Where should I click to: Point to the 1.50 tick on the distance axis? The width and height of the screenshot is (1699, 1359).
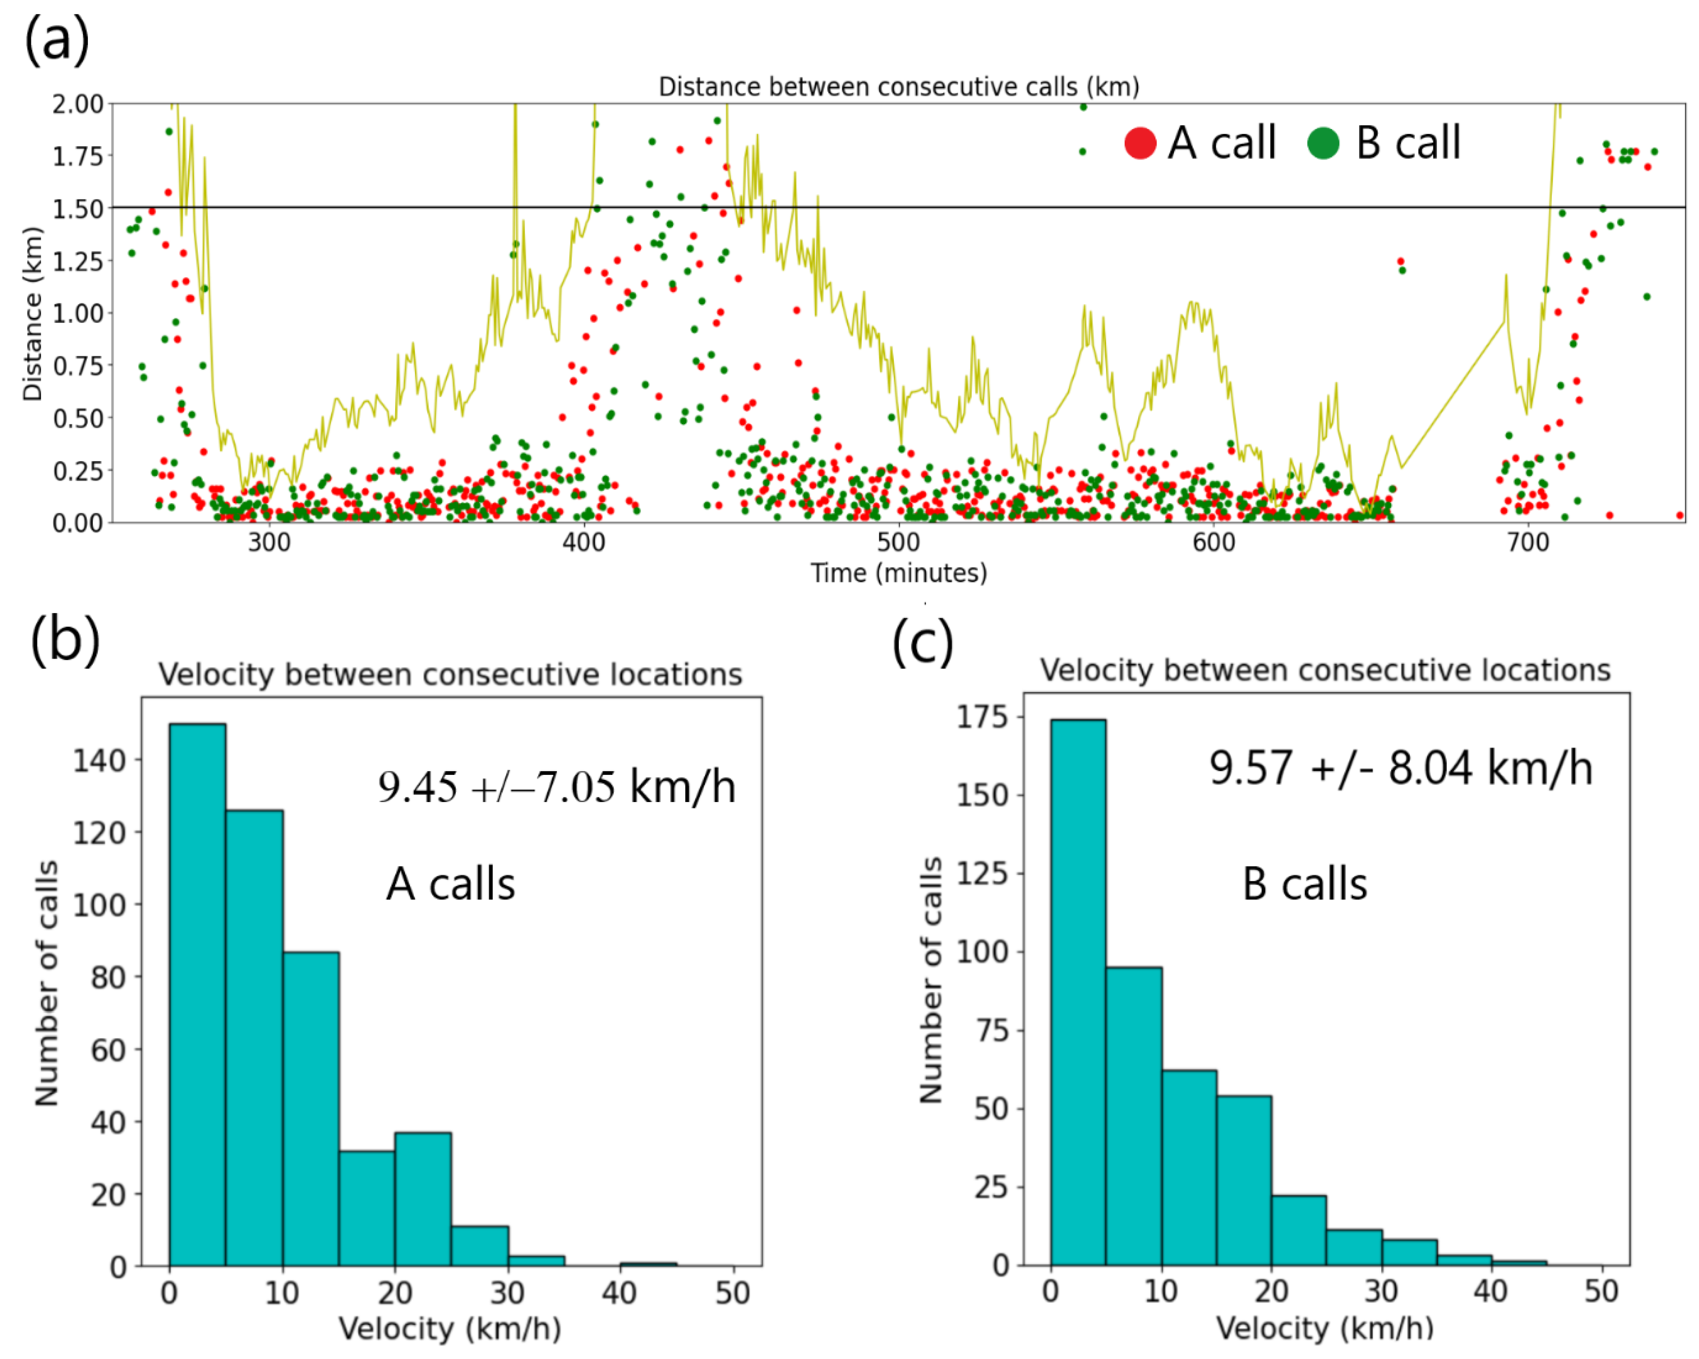coord(78,209)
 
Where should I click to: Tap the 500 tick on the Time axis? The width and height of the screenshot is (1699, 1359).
coord(898,543)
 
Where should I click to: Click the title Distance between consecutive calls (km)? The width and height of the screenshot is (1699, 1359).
coord(898,86)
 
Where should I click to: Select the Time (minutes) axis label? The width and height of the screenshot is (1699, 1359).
coord(898,573)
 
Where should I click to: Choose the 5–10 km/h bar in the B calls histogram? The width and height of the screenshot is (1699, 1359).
coord(1133,1115)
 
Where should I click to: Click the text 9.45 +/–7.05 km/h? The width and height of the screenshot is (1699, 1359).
coord(556,787)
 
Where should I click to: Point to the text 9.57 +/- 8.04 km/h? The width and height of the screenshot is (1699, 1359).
coord(1400,768)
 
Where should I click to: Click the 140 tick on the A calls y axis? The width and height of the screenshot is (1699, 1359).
coord(99,761)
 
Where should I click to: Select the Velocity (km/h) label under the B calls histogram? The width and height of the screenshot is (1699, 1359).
coord(1325,1328)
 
